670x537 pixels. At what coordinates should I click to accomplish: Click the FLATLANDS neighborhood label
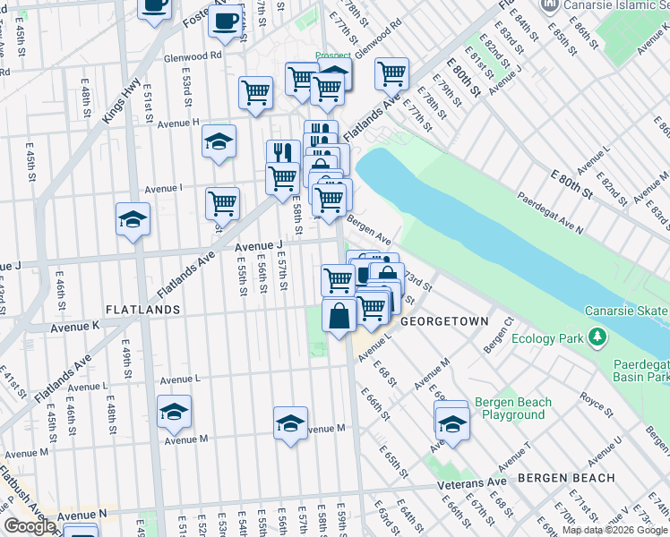coord(143,310)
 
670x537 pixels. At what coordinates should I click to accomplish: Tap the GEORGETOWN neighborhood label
coord(444,320)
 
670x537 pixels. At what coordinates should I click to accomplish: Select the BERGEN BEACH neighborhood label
coord(566,478)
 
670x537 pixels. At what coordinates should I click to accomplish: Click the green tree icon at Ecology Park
coord(596,338)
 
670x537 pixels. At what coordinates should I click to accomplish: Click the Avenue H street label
coord(178,123)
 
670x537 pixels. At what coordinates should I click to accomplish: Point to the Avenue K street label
coord(75,328)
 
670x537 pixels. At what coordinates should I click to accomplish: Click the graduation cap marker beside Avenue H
coord(219,141)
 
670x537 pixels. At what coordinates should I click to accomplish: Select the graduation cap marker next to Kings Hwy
coord(133,219)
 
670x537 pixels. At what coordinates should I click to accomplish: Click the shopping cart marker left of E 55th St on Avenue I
coord(222,203)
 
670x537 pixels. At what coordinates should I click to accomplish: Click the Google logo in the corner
coord(30,526)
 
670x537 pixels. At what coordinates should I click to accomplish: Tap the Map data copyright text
coord(615,530)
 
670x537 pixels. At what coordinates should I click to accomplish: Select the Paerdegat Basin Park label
coord(640,371)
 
